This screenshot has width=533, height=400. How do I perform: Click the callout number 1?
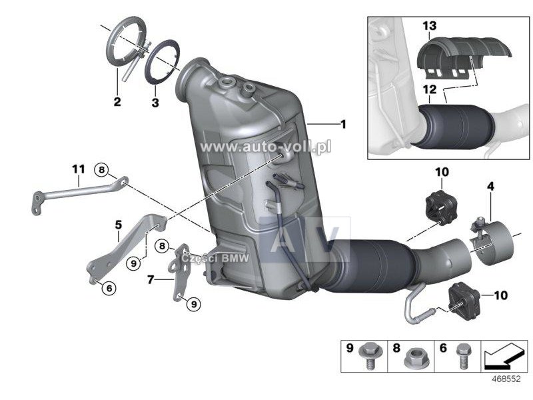(x=344, y=125)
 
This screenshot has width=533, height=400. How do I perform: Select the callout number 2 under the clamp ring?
(x=117, y=101)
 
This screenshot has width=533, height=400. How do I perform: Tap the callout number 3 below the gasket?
(x=155, y=103)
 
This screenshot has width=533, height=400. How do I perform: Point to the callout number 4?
(x=490, y=187)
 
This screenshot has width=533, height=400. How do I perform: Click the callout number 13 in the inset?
(x=430, y=25)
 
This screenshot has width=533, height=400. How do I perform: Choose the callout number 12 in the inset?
(x=430, y=89)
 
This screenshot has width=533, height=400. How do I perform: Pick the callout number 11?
(x=79, y=169)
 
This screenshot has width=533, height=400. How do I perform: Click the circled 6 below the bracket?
(x=109, y=289)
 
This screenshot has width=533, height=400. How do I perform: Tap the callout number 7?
(x=151, y=280)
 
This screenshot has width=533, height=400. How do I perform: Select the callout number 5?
(x=119, y=225)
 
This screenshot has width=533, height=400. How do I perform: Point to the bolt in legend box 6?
(x=462, y=356)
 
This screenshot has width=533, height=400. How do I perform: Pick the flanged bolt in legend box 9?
(x=368, y=356)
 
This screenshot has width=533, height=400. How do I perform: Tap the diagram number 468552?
(x=506, y=379)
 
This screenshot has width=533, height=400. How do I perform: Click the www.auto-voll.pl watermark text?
(x=265, y=147)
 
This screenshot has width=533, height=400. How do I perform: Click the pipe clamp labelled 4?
(x=492, y=241)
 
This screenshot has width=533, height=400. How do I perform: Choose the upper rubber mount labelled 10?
(x=440, y=208)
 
